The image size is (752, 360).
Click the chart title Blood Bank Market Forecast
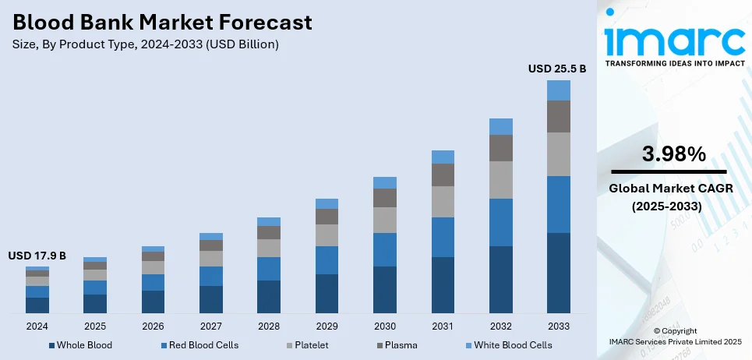(161, 22)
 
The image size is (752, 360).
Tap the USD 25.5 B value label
(556, 69)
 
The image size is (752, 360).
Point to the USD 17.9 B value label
(37, 256)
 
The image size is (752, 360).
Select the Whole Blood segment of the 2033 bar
(558, 273)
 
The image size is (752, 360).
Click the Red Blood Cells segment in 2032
(500, 222)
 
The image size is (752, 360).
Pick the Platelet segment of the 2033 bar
(558, 154)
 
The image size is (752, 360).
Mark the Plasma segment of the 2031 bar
(443, 175)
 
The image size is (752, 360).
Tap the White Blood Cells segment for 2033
(558, 90)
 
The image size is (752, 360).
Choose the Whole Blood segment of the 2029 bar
(327, 293)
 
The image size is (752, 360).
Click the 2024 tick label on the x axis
(37, 326)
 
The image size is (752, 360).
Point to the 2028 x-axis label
(269, 326)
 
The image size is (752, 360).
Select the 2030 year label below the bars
(385, 326)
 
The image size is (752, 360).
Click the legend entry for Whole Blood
(80, 344)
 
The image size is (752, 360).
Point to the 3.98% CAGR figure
(669, 154)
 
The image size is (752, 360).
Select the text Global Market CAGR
(669, 188)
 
